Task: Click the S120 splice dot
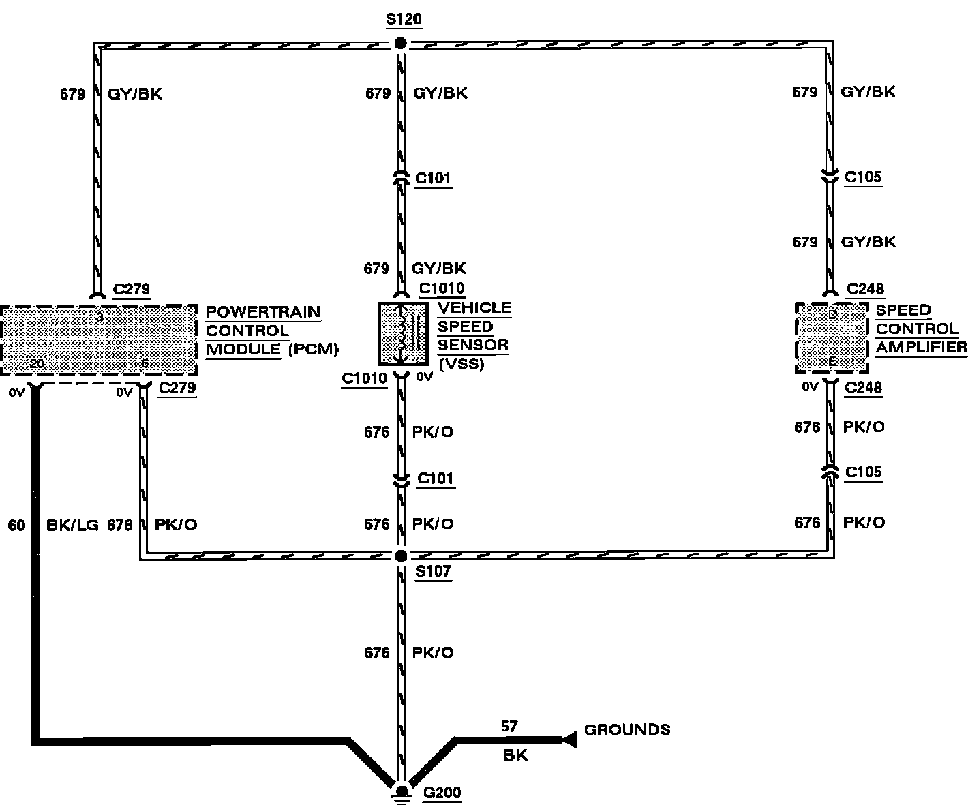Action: (x=401, y=44)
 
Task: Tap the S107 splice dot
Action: (x=401, y=555)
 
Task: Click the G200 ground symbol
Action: (x=402, y=791)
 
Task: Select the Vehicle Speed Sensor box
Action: (x=404, y=334)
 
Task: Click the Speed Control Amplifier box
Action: (x=832, y=338)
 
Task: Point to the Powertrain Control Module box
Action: (x=100, y=339)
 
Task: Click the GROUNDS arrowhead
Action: (x=570, y=738)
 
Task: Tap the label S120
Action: (x=404, y=19)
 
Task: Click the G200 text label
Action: (x=442, y=793)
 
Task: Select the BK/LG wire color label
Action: (x=72, y=526)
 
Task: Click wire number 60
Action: (x=16, y=526)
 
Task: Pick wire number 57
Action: (x=509, y=727)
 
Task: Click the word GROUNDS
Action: (x=627, y=730)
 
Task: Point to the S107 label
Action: (x=434, y=571)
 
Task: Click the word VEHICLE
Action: (x=474, y=308)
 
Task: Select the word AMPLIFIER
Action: (x=921, y=348)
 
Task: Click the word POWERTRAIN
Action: (x=263, y=312)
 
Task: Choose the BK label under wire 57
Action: (x=515, y=755)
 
